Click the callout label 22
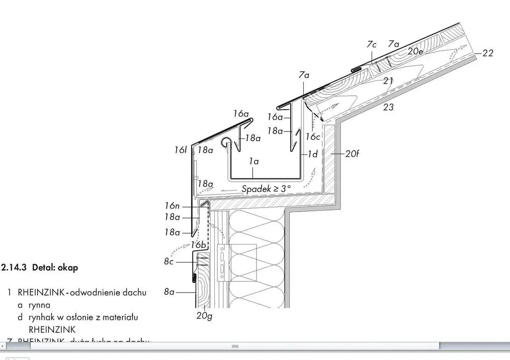[x=488, y=53]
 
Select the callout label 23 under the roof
[x=388, y=107]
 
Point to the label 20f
[x=352, y=154]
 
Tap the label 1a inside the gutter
[x=254, y=161]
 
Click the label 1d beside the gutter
[x=312, y=154]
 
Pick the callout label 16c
[x=313, y=136]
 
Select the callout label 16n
[x=172, y=206]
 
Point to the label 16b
[x=198, y=244]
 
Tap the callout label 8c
[x=169, y=261]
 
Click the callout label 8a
[x=169, y=291]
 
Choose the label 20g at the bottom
[x=204, y=315]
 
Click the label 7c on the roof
[x=372, y=44]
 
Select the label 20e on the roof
[x=416, y=51]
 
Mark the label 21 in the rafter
[x=389, y=81]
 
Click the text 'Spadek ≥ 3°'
[x=266, y=188]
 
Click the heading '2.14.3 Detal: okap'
[x=40, y=268]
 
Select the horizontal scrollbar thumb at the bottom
[x=235, y=346]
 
